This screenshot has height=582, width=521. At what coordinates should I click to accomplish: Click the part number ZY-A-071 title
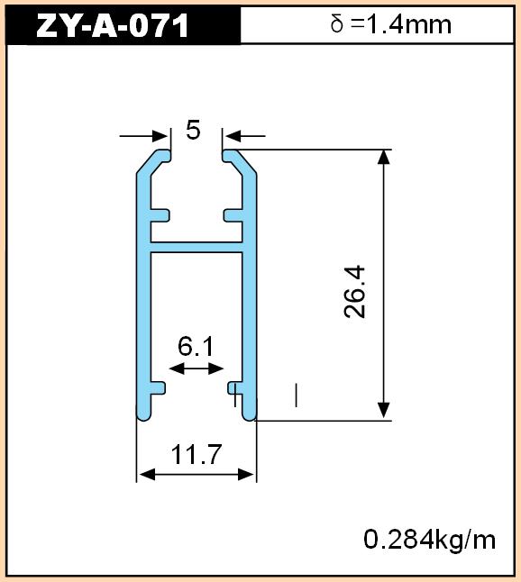[x=113, y=25]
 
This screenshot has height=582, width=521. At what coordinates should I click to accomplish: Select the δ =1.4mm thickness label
[x=391, y=24]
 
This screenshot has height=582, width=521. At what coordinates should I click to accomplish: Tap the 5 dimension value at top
[x=193, y=130]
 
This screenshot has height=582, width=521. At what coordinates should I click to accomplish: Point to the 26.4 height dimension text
[x=354, y=292]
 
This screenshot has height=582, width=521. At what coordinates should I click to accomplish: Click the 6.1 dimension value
[x=196, y=346]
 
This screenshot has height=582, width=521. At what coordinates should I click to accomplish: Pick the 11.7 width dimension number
[x=197, y=454]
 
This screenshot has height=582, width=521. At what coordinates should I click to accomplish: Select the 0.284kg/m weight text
[x=429, y=540]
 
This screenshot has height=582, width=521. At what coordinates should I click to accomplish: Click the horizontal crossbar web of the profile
[x=197, y=248]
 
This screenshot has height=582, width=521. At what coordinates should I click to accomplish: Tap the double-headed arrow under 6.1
[x=197, y=368]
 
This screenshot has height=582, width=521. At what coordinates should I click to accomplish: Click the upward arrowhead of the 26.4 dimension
[x=384, y=157]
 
